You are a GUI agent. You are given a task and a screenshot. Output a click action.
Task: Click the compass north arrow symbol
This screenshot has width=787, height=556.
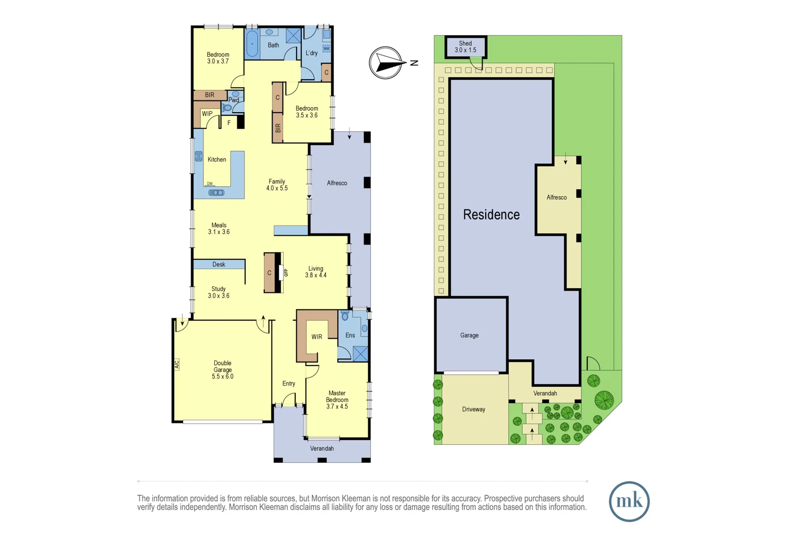(386, 63)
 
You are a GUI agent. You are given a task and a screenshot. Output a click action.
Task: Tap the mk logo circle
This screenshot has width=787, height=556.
(629, 501)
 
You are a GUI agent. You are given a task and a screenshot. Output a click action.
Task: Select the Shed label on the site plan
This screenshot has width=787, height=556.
(465, 47)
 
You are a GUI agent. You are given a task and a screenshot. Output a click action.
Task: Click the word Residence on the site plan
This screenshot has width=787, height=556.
(491, 215)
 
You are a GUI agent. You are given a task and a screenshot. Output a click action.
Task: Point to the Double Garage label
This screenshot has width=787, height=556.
(223, 370)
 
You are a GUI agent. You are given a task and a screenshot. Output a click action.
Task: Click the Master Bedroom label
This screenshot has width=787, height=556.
(337, 399)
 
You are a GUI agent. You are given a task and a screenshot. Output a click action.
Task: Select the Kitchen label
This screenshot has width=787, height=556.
(217, 160)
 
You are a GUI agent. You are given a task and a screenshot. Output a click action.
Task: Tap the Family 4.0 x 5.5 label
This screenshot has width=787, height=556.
(277, 185)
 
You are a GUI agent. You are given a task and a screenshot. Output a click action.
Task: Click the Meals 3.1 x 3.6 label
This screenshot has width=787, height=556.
(219, 229)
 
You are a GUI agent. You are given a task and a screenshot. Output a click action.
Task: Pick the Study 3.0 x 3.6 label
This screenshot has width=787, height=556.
(218, 292)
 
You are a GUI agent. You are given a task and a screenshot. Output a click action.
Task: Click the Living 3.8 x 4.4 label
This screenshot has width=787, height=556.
(316, 272)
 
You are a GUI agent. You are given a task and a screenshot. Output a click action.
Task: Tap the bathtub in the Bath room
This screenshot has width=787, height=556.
(252, 44)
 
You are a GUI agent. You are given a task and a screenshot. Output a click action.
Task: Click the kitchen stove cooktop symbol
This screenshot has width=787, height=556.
(199, 157)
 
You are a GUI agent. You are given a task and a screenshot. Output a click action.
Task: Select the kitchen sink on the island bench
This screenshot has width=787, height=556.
(216, 193)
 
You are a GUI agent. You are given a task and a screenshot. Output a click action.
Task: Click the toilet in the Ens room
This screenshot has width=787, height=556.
(345, 316)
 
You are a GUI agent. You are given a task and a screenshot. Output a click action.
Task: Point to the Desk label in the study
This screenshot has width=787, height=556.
(219, 264)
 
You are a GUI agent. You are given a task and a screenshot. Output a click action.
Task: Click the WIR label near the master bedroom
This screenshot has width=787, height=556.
(317, 337)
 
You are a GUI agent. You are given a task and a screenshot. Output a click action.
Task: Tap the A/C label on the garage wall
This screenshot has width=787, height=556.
(177, 364)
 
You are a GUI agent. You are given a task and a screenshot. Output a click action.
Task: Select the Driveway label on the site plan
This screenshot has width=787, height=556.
(473, 409)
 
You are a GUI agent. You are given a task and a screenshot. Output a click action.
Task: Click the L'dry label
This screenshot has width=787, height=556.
(312, 53)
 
